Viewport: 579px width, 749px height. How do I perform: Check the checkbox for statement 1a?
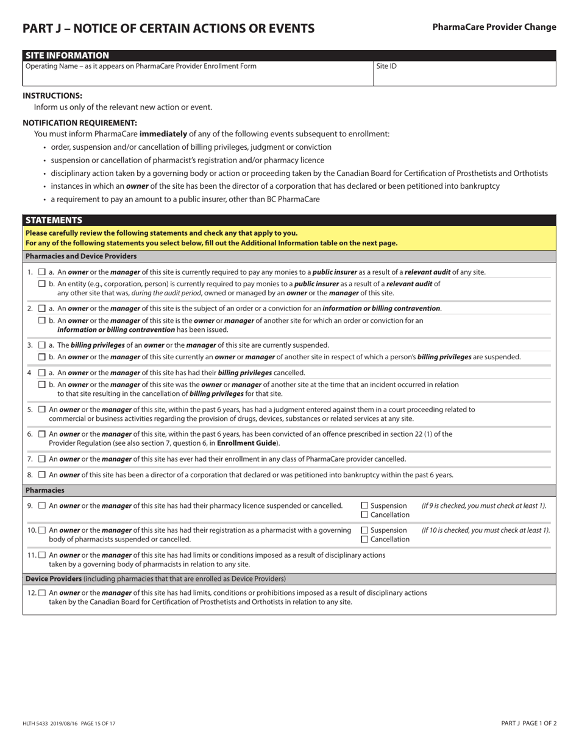tap(42, 272)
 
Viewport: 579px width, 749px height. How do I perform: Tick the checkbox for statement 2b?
tap(42, 320)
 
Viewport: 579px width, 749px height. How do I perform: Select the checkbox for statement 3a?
tap(42, 345)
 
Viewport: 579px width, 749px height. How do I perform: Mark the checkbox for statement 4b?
tap(42, 385)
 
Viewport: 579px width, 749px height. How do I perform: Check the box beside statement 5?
tap(42, 410)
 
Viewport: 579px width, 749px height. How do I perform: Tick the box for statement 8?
tap(42, 475)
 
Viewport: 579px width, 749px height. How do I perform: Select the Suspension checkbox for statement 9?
tap(364, 505)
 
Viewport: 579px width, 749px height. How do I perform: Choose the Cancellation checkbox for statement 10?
tap(364, 540)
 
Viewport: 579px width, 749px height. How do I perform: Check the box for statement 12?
tap(42, 593)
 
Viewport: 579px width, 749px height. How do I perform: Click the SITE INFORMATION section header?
tap(67, 55)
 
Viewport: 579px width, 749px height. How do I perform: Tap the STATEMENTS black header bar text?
tap(54, 220)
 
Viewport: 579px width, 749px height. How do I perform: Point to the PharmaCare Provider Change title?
tap(494, 27)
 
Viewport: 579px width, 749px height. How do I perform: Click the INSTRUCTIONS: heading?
tap(52, 96)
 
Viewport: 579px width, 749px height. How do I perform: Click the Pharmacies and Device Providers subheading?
tap(81, 256)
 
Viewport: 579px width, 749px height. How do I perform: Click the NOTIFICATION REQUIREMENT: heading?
tap(80, 122)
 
